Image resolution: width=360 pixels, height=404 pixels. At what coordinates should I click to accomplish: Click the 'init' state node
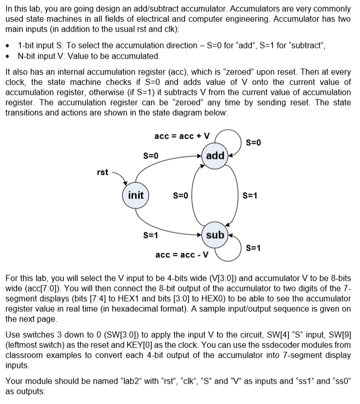[135, 195]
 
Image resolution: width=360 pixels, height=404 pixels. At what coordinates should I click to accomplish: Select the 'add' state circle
[215, 155]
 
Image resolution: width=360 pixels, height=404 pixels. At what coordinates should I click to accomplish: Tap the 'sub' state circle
[215, 234]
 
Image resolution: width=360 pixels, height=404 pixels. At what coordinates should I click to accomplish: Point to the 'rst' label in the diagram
[102, 172]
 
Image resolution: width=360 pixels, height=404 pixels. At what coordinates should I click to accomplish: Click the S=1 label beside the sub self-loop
[253, 248]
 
